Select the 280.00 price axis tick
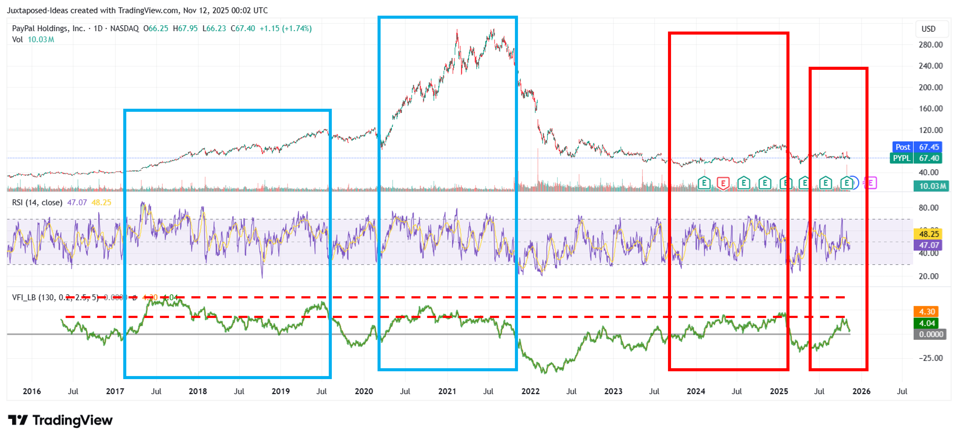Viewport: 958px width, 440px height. (931, 45)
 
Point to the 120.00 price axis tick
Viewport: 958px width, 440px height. (931, 130)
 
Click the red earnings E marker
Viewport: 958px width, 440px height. (723, 183)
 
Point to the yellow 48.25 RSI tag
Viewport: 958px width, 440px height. (929, 234)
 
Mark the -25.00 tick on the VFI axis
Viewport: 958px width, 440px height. (931, 358)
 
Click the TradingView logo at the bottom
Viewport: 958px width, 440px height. (60, 420)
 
